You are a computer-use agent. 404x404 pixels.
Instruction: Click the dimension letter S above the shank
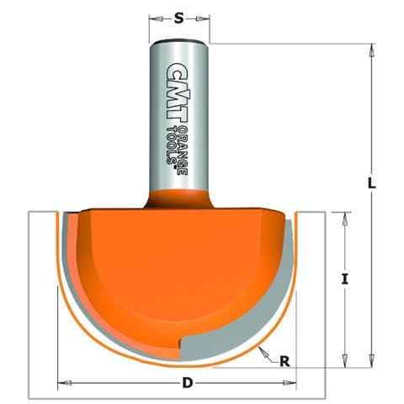tap(178, 19)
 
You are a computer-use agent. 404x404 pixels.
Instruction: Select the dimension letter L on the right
tap(371, 183)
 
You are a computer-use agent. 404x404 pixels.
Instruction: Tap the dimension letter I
tap(345, 279)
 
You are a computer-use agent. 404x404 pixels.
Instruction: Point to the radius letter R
tap(284, 362)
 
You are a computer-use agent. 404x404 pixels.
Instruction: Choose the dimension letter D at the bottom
tap(187, 382)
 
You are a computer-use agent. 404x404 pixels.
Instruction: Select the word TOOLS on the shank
tap(172, 146)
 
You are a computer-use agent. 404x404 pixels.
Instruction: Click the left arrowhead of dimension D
tap(65, 383)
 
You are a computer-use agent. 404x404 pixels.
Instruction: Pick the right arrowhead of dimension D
tap(290, 383)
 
